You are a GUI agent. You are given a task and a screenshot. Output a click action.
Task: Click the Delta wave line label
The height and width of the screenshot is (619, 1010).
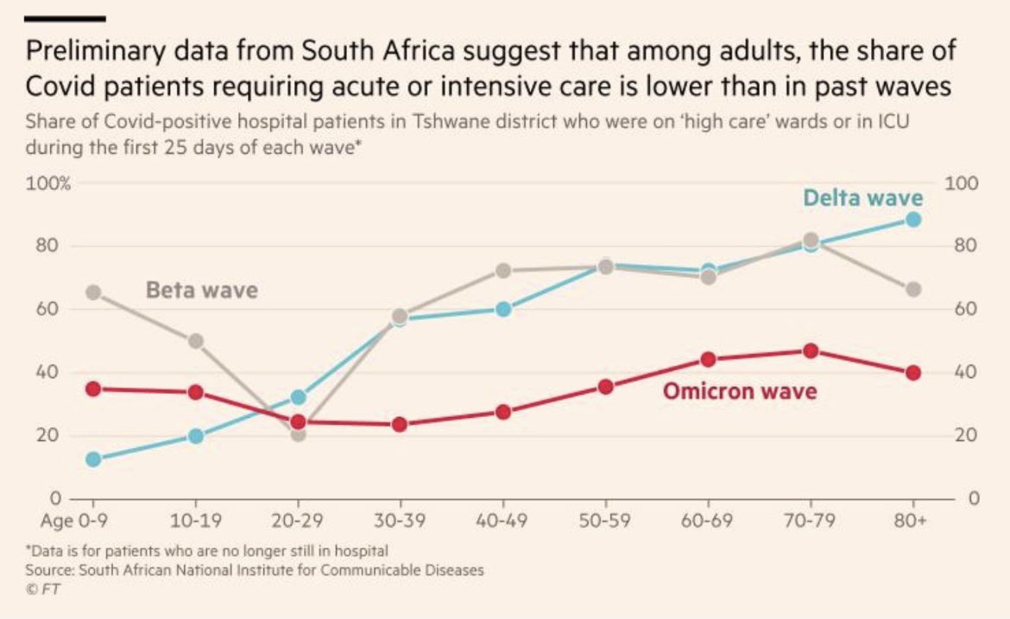click(x=862, y=198)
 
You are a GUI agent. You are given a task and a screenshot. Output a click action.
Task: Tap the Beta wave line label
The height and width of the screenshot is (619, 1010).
click(x=201, y=289)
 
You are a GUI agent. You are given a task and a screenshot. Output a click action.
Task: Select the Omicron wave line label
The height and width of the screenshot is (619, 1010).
click(x=739, y=391)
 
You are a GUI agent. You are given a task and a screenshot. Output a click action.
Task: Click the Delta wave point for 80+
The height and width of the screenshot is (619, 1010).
click(x=913, y=219)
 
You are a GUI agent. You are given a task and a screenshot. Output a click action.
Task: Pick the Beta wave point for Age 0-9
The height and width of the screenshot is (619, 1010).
click(x=94, y=293)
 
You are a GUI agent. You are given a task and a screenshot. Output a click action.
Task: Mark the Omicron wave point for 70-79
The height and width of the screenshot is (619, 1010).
click(x=811, y=351)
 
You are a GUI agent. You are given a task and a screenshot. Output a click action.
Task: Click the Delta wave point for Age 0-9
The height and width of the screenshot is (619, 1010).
click(x=94, y=459)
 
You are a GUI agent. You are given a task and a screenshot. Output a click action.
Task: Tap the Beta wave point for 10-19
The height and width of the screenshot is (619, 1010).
click(x=196, y=341)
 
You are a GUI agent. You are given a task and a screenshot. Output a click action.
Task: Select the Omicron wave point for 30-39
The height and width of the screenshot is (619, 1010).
click(x=400, y=424)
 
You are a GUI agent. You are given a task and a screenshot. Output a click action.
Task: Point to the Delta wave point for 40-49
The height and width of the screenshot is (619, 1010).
click(x=503, y=309)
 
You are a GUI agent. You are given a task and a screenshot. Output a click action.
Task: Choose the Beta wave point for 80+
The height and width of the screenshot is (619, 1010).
click(x=913, y=289)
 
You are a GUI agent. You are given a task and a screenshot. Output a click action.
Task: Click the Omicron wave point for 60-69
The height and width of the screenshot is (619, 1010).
click(x=708, y=359)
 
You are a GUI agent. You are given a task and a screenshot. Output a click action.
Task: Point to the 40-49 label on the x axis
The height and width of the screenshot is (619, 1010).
click(x=502, y=521)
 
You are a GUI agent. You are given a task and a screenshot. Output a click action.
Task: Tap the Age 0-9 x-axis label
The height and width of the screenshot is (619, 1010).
click(x=78, y=521)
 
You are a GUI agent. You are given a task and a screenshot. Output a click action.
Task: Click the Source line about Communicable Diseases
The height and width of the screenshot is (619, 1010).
click(x=255, y=570)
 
